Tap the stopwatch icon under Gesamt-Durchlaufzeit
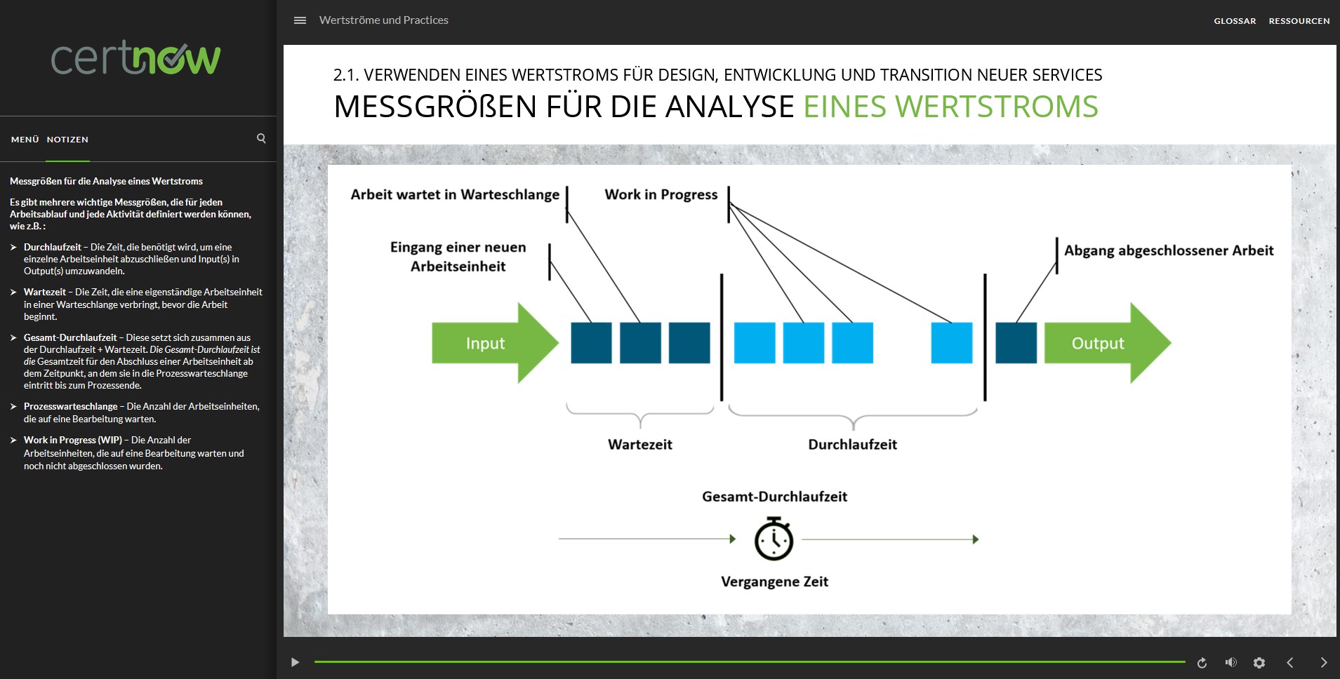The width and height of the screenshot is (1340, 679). (774, 539)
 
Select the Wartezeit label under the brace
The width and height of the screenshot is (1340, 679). (639, 444)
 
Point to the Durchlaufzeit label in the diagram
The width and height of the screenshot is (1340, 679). (852, 444)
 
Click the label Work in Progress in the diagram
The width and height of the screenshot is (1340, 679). (661, 194)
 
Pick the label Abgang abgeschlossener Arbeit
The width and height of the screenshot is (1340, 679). (1168, 250)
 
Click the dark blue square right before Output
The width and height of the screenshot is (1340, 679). (1016, 343)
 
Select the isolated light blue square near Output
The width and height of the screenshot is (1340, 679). (951, 343)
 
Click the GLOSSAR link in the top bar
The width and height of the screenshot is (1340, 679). (1235, 21)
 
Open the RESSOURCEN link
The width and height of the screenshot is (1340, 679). (1299, 21)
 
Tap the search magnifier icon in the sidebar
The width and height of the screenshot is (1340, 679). (261, 138)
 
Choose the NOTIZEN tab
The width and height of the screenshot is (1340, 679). (67, 140)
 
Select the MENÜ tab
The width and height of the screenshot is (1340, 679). (25, 140)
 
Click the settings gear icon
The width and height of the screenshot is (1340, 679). (1259, 662)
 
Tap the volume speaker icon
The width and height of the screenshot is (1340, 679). (1230, 662)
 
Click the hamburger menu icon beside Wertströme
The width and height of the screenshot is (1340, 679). (300, 20)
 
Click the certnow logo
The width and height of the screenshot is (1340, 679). (136, 58)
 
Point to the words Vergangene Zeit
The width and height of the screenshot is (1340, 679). (774, 581)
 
